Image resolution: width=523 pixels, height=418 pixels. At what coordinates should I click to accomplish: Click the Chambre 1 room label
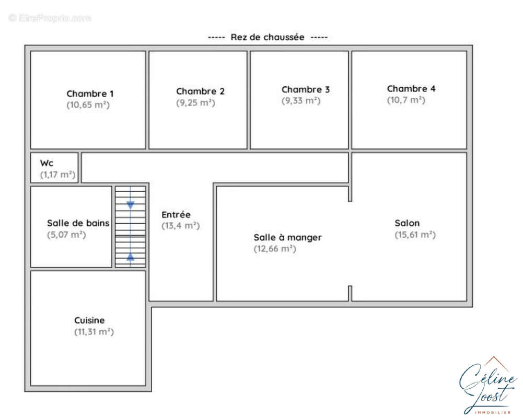(x=90, y=94)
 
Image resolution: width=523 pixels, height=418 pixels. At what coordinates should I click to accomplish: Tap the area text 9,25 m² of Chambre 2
(x=195, y=103)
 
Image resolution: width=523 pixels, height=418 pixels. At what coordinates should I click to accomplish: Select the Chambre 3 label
(x=306, y=89)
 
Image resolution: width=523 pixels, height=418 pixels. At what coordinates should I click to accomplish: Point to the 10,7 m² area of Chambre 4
(x=406, y=100)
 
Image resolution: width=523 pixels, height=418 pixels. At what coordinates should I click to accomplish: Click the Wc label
(x=47, y=163)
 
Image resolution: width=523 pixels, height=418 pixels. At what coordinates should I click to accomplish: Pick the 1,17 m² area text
(x=57, y=175)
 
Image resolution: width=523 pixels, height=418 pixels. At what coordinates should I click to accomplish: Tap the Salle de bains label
(x=78, y=223)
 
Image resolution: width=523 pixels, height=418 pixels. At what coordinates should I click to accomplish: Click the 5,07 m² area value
(x=66, y=235)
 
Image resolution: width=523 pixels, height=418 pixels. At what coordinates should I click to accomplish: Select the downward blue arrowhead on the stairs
(x=131, y=205)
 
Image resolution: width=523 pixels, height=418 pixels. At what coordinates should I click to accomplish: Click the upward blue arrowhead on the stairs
(x=131, y=257)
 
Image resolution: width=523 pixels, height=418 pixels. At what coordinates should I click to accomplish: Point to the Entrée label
(x=176, y=215)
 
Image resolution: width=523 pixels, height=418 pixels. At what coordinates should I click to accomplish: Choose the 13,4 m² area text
(x=180, y=226)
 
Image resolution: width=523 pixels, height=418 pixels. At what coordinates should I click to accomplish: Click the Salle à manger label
(x=287, y=238)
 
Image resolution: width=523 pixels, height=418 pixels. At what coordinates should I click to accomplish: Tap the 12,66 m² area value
(x=275, y=249)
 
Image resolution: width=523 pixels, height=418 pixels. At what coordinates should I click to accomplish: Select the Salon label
(x=407, y=223)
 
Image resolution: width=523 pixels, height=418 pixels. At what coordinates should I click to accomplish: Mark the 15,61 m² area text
(x=415, y=235)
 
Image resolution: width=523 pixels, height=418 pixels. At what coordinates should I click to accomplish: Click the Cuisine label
(x=89, y=320)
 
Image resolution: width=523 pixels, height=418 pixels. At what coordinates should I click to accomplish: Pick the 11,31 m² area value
(x=94, y=332)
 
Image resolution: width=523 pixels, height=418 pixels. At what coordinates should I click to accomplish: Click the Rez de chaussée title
(x=268, y=37)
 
